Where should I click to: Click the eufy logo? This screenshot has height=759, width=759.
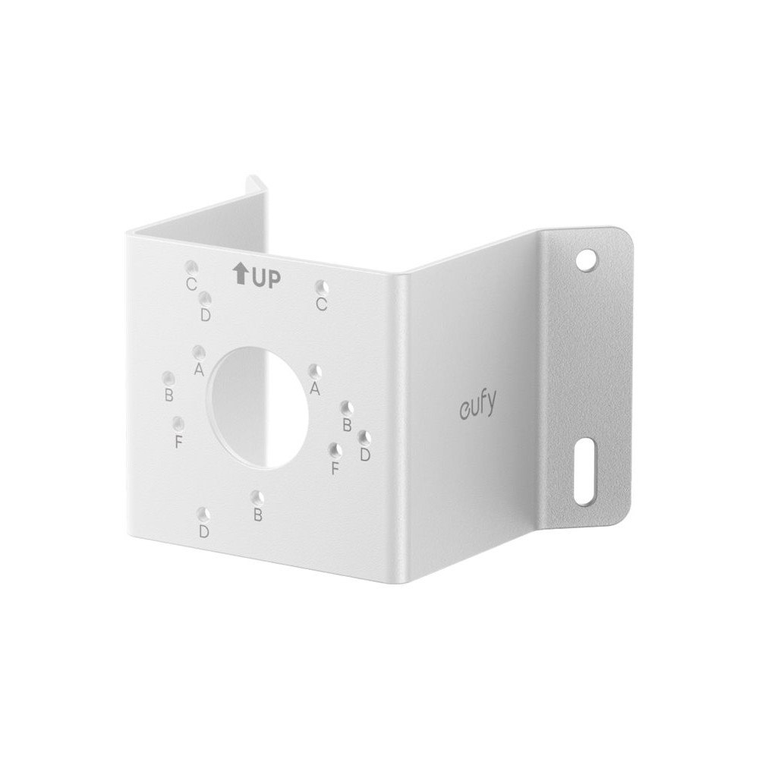click(477, 405)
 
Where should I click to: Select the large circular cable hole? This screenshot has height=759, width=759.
click(258, 407)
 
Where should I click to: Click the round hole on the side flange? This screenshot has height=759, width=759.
click(587, 259)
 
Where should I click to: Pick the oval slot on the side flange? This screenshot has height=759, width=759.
click(584, 471)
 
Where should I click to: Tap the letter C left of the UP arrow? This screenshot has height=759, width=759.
click(191, 284)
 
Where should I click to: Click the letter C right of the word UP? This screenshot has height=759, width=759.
click(321, 304)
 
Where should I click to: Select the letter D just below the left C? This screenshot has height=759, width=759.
click(205, 315)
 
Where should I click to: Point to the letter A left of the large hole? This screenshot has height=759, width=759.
click(198, 370)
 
